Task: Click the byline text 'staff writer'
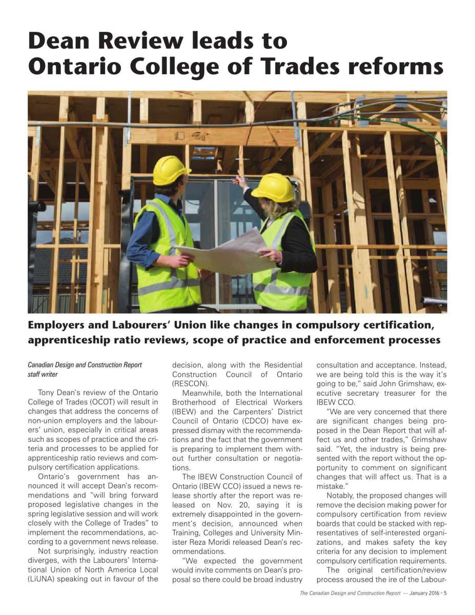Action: point(43,375)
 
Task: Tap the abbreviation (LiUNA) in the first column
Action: point(45,580)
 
